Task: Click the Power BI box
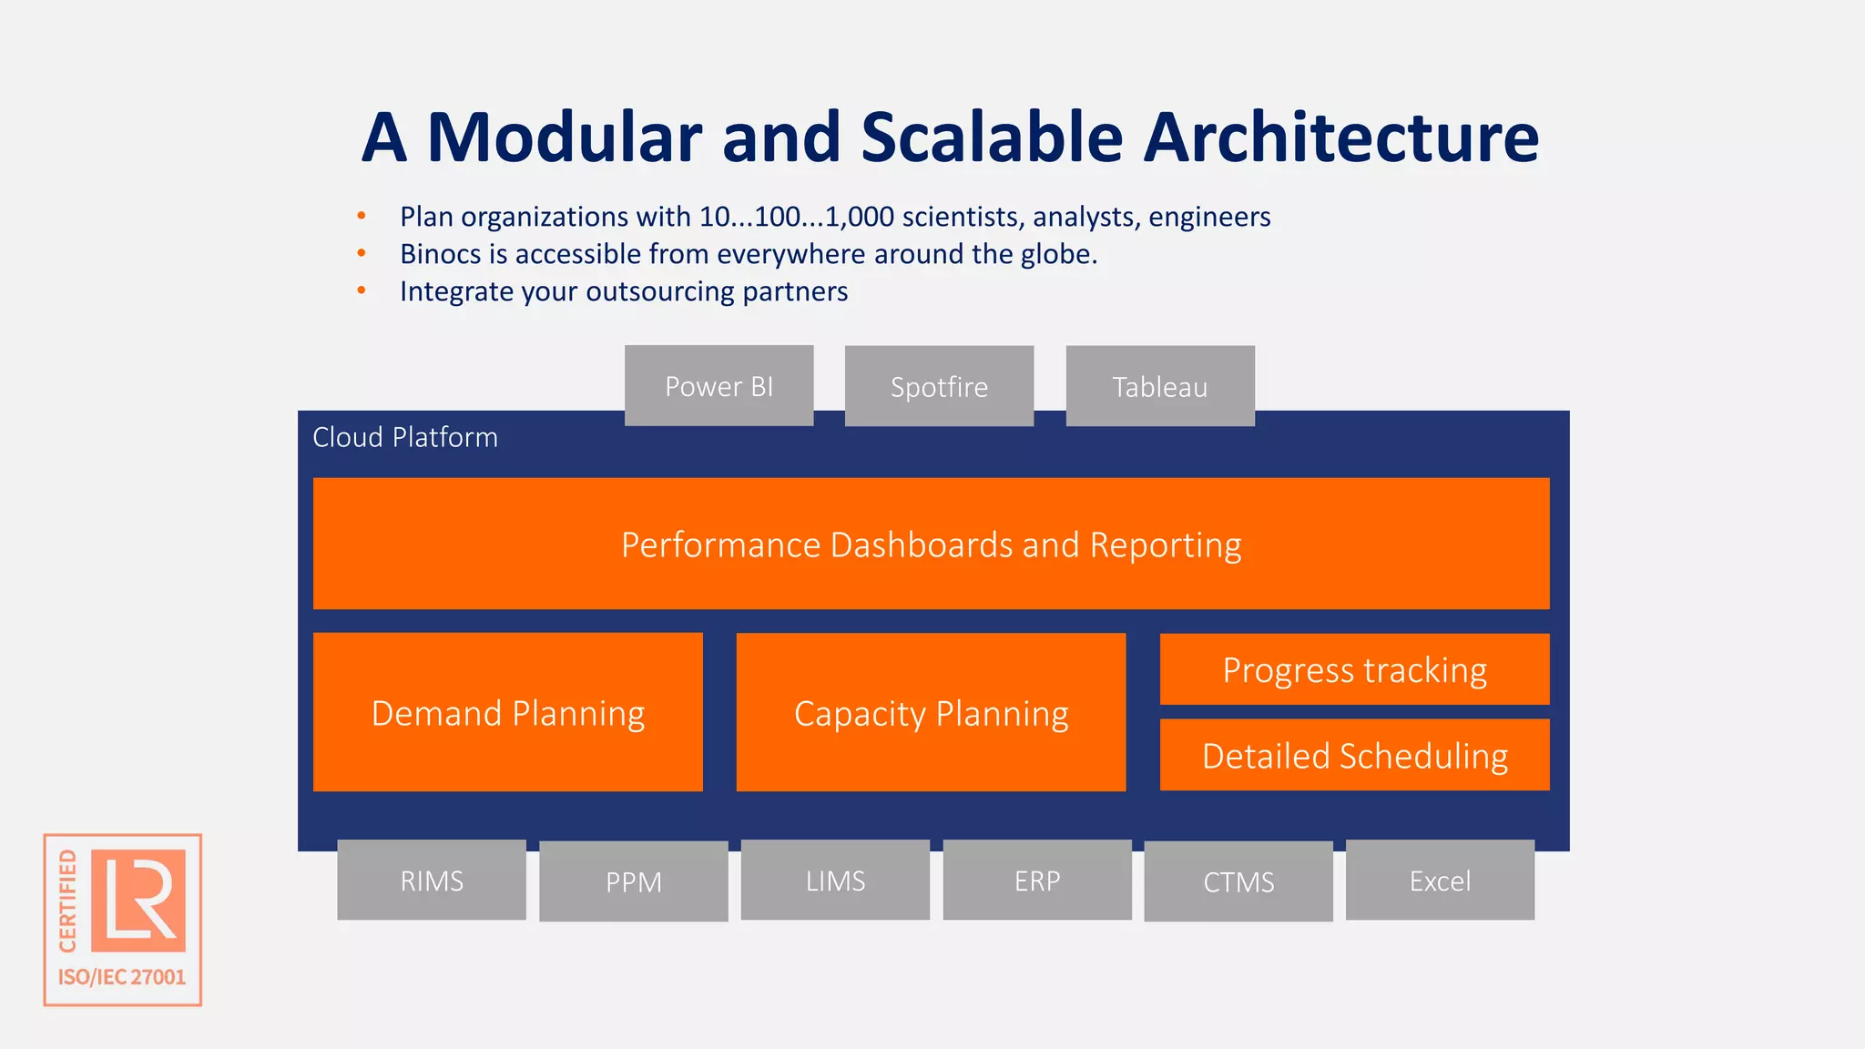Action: pyautogui.click(x=718, y=386)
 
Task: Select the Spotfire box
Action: pyautogui.click(x=939, y=387)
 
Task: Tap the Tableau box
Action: pyautogui.click(x=1159, y=387)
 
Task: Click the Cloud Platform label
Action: pyautogui.click(x=405, y=438)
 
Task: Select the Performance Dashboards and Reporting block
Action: pyautogui.click(x=931, y=545)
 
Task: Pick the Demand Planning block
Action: pyautogui.click(x=508, y=713)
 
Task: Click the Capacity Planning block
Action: pyautogui.click(x=931, y=713)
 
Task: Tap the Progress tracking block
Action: pyautogui.click(x=1354, y=670)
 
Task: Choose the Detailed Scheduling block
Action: pyautogui.click(x=1354, y=756)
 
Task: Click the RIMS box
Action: pyautogui.click(x=432, y=881)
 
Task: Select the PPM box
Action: pyautogui.click(x=634, y=881)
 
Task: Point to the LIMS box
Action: pyautogui.click(x=835, y=881)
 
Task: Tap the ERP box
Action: pyautogui.click(x=1037, y=881)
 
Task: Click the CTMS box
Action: pyautogui.click(x=1238, y=881)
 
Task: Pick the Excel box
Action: pyautogui.click(x=1440, y=881)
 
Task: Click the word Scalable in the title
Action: pyautogui.click(x=992, y=137)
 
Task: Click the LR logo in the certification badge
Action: pyautogui.click(x=138, y=900)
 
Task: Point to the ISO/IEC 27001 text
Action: pyautogui.click(x=122, y=977)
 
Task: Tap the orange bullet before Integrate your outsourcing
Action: pyautogui.click(x=362, y=290)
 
